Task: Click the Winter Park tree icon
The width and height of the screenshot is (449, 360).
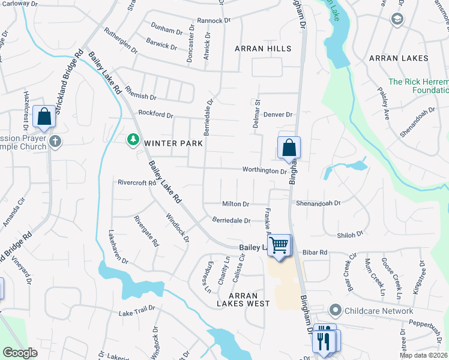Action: point(133,140)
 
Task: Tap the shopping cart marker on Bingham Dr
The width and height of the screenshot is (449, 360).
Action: point(279,245)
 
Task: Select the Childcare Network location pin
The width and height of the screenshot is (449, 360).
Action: point(335,311)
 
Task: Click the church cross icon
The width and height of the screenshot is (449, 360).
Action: point(55,142)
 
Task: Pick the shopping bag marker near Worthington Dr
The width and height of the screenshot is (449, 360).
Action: point(289,148)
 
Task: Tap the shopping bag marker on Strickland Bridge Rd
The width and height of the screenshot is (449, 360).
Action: point(44,116)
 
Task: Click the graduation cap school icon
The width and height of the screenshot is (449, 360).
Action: point(397,20)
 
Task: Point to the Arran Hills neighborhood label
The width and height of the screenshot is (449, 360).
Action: point(263,49)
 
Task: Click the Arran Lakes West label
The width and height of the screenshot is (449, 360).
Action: point(243,299)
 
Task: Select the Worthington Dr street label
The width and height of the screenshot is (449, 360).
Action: point(265,170)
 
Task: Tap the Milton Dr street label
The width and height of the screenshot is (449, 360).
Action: point(235,204)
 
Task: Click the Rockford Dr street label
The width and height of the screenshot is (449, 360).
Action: point(155,114)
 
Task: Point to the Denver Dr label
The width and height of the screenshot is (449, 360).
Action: point(277,115)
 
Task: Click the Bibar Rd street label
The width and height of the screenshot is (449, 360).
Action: point(315,253)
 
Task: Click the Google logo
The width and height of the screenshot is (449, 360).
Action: point(20,353)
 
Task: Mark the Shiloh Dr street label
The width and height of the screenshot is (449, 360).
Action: point(351,235)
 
